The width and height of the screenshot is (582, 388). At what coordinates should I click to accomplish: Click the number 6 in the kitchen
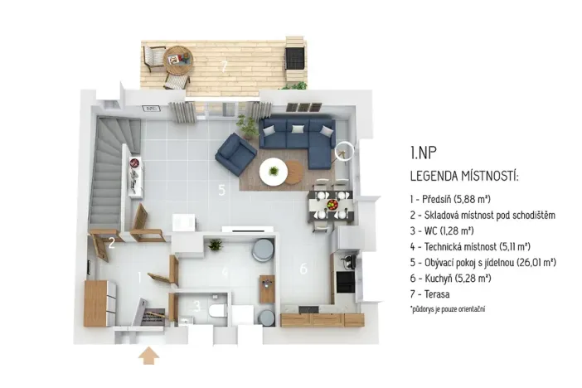303,268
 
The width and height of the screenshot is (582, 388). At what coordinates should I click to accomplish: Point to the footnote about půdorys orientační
447,308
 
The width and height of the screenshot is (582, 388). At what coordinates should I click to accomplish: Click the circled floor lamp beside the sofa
346,152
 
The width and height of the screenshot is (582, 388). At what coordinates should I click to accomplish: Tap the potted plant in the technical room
216,245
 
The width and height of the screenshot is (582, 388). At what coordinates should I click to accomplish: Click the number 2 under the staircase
111,243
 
